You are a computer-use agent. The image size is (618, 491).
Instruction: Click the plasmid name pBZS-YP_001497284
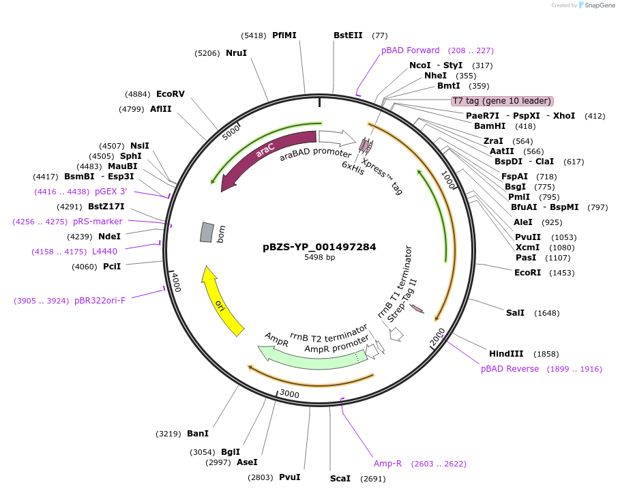click(319, 247)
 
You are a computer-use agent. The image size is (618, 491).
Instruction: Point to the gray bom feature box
click(206, 232)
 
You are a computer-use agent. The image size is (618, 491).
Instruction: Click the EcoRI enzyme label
click(528, 272)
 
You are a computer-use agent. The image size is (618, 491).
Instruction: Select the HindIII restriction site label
click(506, 353)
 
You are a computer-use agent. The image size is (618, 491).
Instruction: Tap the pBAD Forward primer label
click(411, 50)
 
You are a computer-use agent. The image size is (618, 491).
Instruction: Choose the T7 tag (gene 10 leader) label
click(501, 101)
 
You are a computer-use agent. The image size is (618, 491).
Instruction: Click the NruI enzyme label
click(236, 53)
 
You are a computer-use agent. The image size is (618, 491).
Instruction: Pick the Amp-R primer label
click(387, 464)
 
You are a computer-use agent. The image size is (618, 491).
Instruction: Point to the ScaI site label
click(340, 478)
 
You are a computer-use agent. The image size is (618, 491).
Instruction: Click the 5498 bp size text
click(319, 258)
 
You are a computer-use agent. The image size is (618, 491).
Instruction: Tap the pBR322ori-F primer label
click(100, 301)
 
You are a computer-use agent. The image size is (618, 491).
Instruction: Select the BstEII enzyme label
click(348, 35)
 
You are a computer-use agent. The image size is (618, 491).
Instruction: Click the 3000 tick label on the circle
click(290, 394)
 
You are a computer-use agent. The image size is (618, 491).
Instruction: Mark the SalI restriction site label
click(515, 312)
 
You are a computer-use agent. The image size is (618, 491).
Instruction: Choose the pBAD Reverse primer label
click(510, 369)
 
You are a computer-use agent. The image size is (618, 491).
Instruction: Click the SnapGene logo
click(594, 5)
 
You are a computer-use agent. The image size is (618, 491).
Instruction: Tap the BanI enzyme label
click(197, 433)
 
